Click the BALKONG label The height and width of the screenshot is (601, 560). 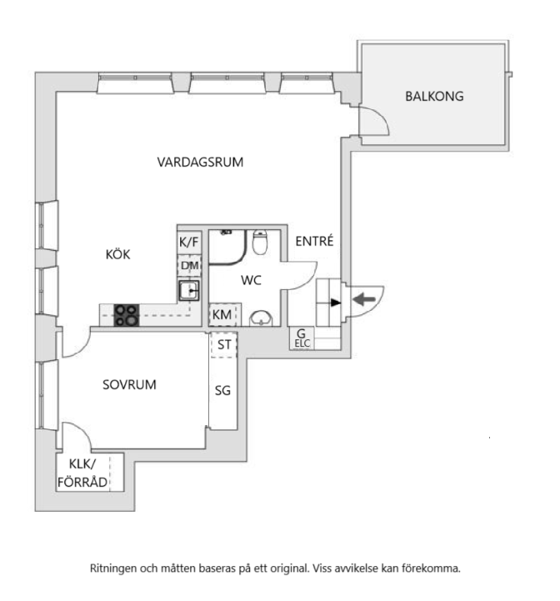[434, 96]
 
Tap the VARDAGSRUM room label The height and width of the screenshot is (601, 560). [200, 163]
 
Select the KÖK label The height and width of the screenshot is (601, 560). [118, 254]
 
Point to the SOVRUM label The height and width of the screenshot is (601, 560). [129, 384]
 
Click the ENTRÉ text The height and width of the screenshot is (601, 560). [314, 241]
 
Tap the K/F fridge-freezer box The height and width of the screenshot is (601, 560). [189, 243]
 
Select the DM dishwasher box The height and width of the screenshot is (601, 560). [189, 265]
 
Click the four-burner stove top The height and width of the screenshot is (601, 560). [127, 315]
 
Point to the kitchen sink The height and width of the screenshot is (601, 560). [189, 290]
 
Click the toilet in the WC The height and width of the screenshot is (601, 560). [261, 242]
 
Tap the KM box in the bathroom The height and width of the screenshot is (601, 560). [222, 315]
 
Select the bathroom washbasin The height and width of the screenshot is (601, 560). [261, 318]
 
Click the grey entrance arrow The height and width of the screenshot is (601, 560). [364, 299]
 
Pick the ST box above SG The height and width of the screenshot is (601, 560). [224, 344]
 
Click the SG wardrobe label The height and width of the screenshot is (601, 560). [222, 391]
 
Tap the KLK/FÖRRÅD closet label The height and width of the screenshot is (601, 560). [82, 473]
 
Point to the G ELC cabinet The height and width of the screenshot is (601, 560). [302, 338]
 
